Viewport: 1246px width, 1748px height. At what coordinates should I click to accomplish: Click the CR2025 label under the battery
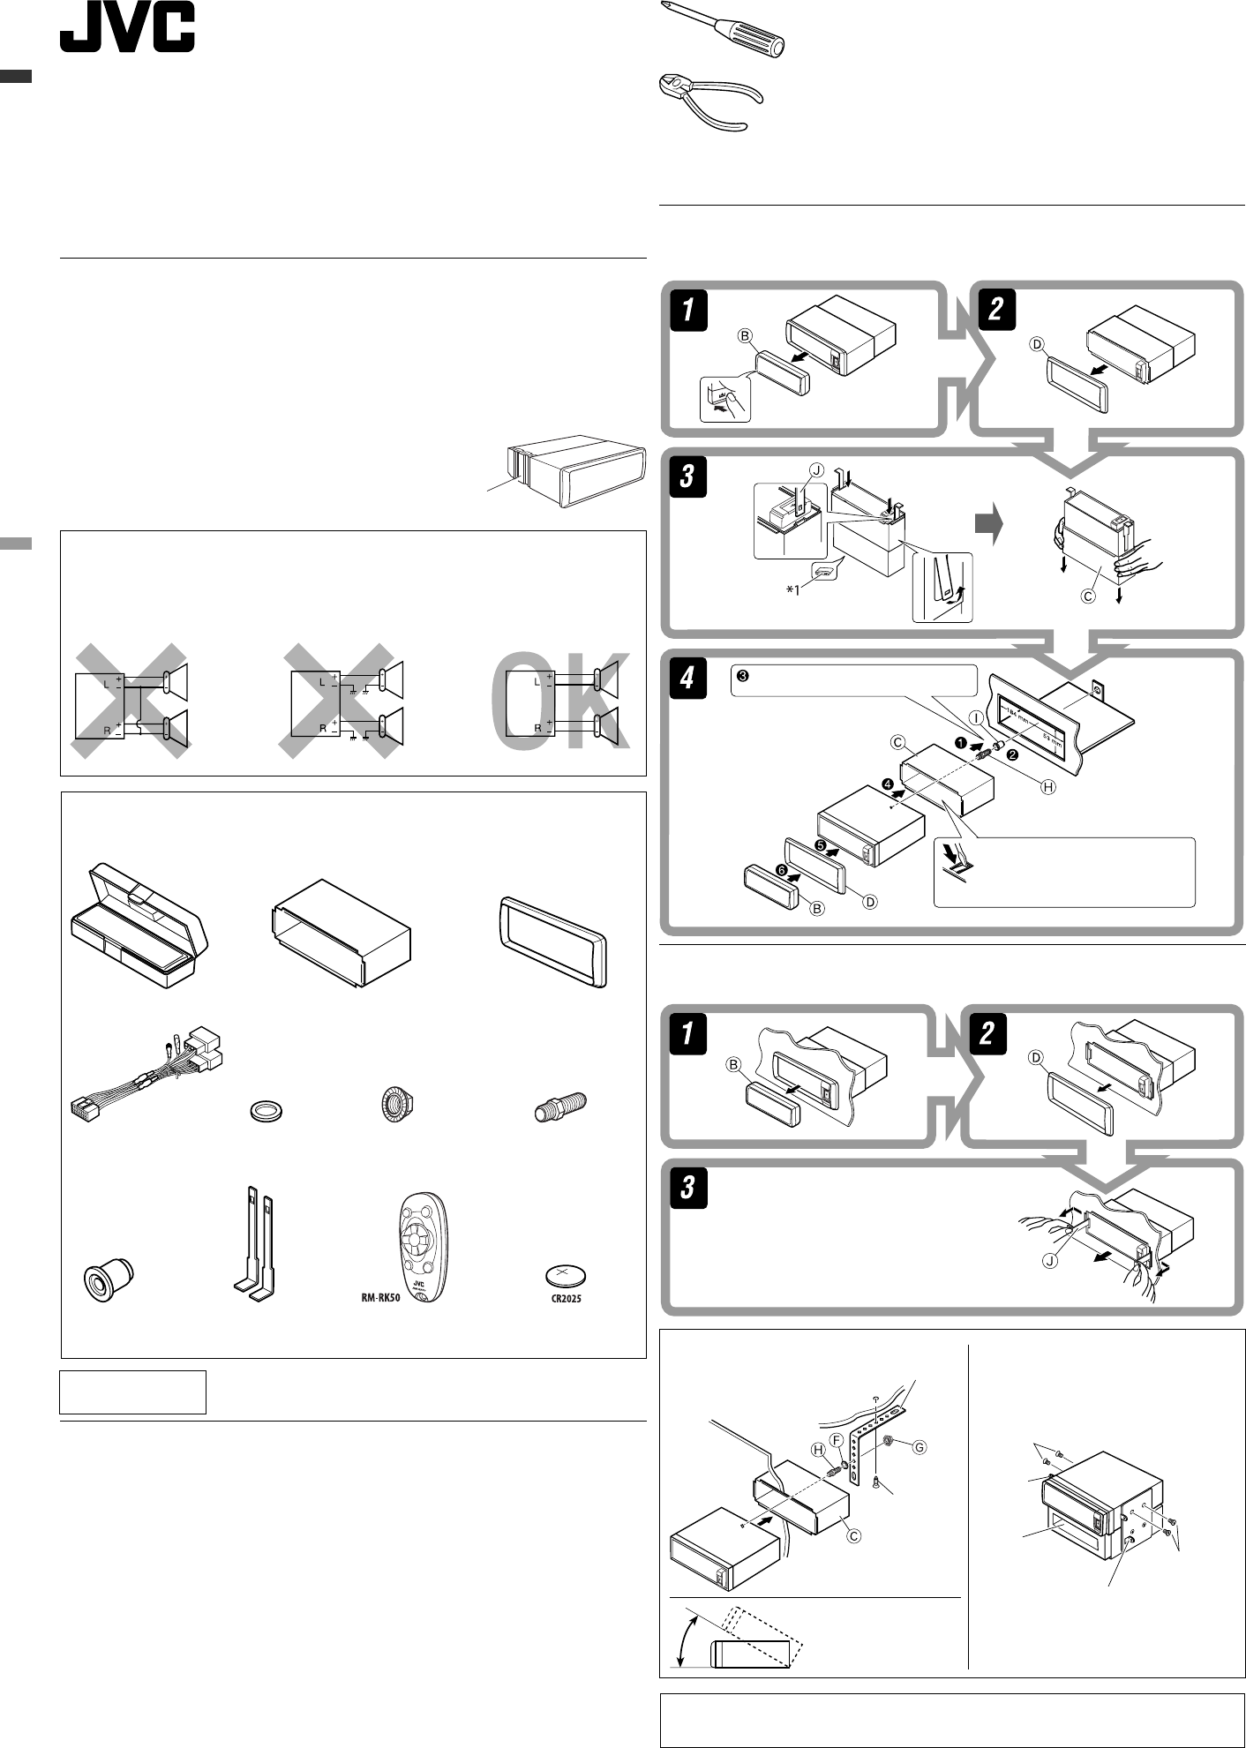(566, 1299)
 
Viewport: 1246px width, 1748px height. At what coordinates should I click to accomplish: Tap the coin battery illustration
(566, 1276)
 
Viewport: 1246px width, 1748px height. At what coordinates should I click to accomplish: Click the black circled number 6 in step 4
(779, 870)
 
